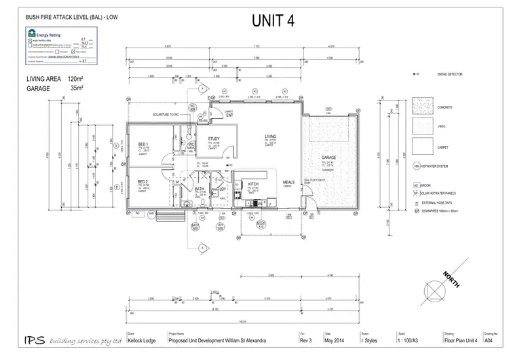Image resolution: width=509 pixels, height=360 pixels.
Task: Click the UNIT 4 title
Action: tap(274, 20)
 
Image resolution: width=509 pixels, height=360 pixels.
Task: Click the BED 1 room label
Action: tap(143, 144)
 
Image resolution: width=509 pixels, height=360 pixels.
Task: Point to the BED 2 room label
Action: tap(143, 181)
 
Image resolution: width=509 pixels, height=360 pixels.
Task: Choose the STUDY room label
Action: tap(204, 139)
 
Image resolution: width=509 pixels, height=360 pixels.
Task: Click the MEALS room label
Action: tap(288, 181)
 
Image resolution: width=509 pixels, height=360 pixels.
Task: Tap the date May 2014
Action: tap(335, 340)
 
